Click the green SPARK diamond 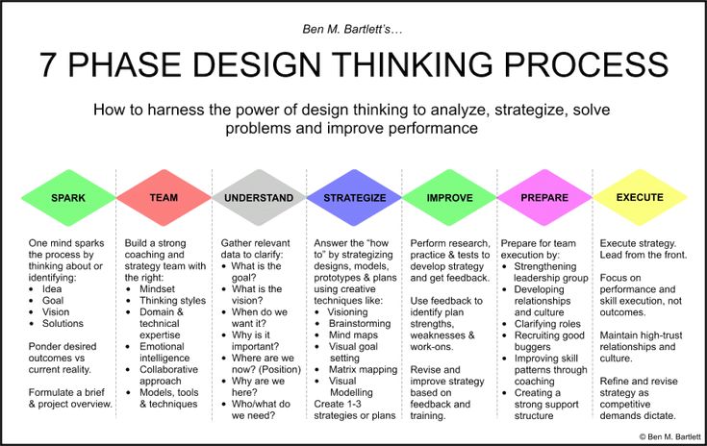click(68, 197)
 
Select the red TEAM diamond click(164, 197)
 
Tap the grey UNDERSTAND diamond click(259, 197)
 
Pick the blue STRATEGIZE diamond click(354, 197)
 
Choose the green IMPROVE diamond click(449, 197)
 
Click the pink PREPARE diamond click(544, 197)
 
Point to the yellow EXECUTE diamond click(640, 197)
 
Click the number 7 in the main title click(48, 64)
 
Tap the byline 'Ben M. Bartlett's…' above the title click(352, 29)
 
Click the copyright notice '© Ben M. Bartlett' click(669, 436)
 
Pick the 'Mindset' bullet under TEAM click(157, 288)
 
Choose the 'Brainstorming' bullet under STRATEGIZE click(360, 324)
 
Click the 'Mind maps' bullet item click(353, 334)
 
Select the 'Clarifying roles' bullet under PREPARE click(547, 324)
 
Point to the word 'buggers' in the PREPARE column click(532, 347)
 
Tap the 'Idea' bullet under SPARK click(52, 288)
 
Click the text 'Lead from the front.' click(643, 255)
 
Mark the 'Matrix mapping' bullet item click(363, 369)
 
